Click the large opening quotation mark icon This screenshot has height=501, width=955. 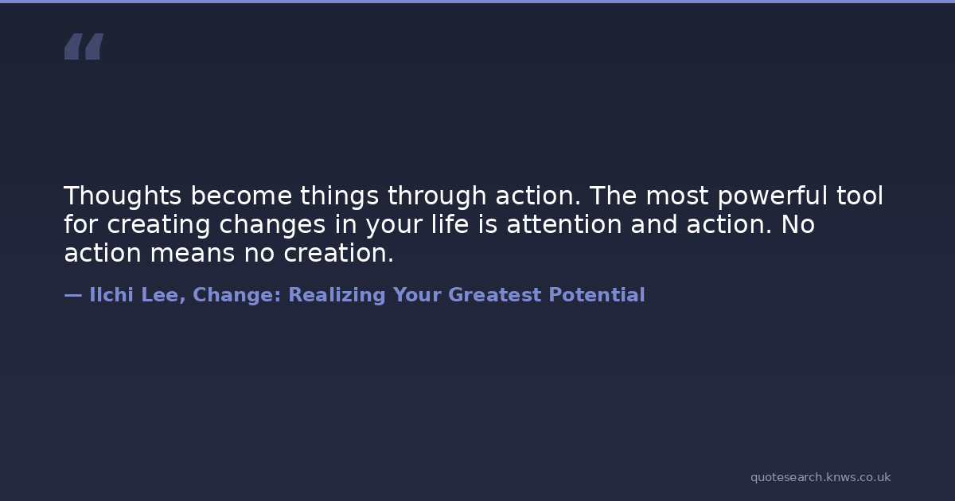tap(84, 46)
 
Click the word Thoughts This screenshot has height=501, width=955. tap(123, 196)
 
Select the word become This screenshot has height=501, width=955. tap(241, 196)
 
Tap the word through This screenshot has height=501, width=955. tap(437, 196)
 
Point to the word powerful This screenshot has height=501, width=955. tap(773, 196)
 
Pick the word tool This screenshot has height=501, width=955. tap(859, 196)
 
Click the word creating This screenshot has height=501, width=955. tap(158, 225)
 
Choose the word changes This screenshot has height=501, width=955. tap(272, 225)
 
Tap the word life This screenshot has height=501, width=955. tap(450, 224)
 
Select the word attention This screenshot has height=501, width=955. tap(564, 224)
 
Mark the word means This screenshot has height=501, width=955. tap(193, 254)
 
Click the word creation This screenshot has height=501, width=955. tap(338, 253)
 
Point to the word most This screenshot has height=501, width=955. tap(677, 196)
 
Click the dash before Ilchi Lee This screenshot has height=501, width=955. tap(73, 295)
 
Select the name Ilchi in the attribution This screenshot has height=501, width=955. tap(111, 295)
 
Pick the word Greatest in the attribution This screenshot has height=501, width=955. tap(494, 295)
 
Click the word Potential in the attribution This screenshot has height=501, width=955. tap(597, 295)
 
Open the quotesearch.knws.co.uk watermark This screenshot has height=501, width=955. tap(821, 477)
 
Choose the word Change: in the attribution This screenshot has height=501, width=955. tap(237, 295)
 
